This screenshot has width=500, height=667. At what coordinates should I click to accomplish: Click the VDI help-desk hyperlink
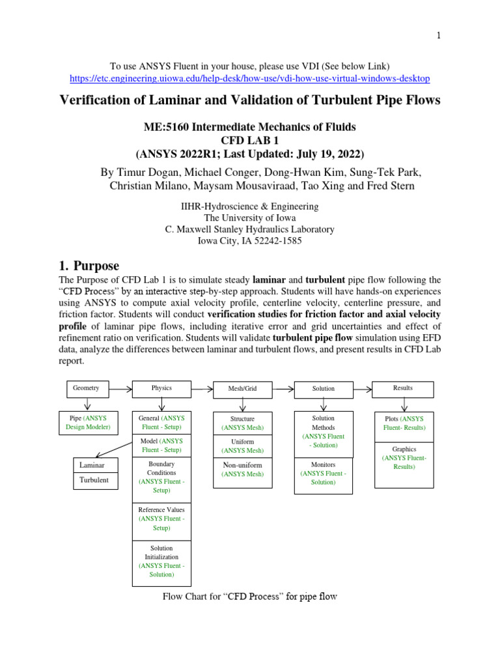[249, 78]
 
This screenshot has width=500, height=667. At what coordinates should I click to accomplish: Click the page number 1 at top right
[439, 36]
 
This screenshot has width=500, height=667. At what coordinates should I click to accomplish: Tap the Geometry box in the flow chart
[86, 388]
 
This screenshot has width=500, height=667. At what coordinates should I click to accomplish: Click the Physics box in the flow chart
[161, 388]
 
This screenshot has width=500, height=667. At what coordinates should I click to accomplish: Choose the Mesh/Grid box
[242, 389]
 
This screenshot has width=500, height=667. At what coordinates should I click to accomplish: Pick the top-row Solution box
[323, 389]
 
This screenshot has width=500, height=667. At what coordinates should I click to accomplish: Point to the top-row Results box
[402, 388]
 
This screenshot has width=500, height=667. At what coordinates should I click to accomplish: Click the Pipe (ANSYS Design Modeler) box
[88, 423]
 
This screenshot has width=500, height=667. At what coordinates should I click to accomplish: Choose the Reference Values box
[161, 518]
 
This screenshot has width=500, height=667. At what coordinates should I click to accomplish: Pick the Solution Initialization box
[161, 561]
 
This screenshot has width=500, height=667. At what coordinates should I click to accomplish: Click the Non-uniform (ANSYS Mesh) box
[242, 469]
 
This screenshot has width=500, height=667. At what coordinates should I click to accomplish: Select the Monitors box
[323, 473]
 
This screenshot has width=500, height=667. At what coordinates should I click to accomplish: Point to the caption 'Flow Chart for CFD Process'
[249, 597]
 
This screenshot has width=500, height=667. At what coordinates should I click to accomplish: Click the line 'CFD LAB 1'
[249, 141]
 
